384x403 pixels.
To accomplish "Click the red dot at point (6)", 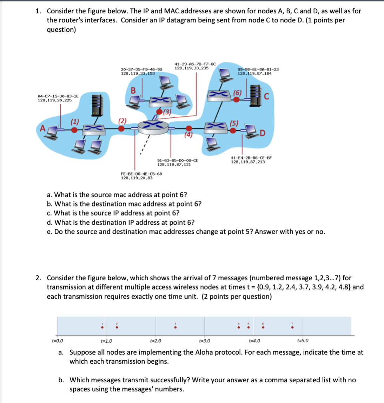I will click(237, 99).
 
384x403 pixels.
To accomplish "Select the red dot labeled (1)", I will click(74, 130).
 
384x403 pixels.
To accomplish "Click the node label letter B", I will click(133, 90).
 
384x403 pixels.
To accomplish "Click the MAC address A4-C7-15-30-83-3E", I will click(58, 96).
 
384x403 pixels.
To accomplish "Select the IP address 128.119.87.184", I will click(254, 74).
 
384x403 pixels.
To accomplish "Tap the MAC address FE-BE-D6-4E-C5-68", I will click(141, 174).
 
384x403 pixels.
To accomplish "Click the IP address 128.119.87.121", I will click(174, 164).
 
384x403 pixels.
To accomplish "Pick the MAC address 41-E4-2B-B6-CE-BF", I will click(251, 158).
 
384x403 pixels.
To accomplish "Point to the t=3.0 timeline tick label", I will click(205, 341).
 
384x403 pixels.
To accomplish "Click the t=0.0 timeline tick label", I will click(58, 341).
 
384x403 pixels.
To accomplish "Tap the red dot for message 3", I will click(175, 328).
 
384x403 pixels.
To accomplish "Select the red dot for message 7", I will click(292, 328).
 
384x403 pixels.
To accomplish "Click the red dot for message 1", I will click(102, 328).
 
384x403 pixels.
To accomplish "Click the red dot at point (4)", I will click(189, 129).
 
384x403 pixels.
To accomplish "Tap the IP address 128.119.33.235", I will click(191, 68).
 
